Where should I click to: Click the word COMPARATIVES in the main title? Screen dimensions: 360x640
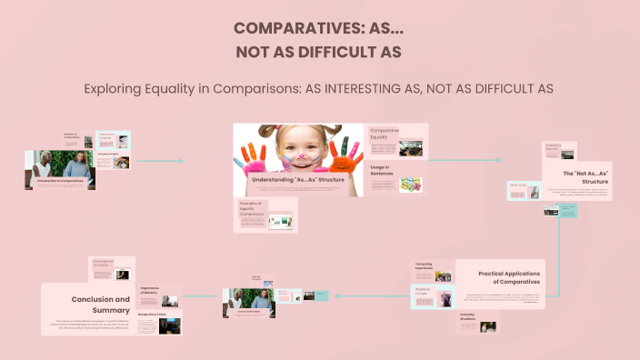pyautogui.click(x=289, y=28)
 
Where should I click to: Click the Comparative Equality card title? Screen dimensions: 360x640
pyautogui.click(x=385, y=134)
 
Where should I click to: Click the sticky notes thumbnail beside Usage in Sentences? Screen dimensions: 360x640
pyautogui.click(x=411, y=185)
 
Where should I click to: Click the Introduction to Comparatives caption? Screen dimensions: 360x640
pyautogui.click(x=60, y=181)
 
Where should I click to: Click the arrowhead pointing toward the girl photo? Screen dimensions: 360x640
pyautogui.click(x=181, y=162)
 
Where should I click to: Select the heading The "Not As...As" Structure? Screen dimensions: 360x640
pyautogui.click(x=585, y=177)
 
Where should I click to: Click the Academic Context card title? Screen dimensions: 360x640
pyautogui.click(x=427, y=294)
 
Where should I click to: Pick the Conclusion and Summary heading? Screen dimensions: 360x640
pyautogui.click(x=100, y=304)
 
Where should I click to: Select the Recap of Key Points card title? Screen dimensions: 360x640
pyautogui.click(x=151, y=315)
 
